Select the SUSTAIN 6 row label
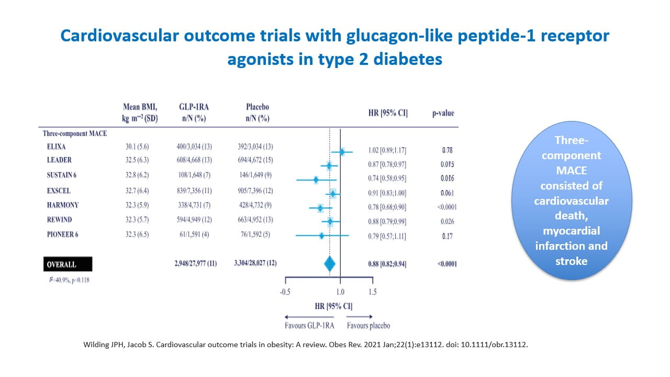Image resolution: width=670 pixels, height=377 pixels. pyautogui.click(x=63, y=175)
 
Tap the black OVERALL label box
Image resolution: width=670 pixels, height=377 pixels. pyautogui.click(x=67, y=264)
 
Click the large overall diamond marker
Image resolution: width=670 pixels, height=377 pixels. pyautogui.click(x=330, y=263)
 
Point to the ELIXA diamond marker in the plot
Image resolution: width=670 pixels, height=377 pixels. pyautogui.click(x=342, y=152)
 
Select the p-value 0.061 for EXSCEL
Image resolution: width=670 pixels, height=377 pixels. pyautogui.click(x=446, y=193)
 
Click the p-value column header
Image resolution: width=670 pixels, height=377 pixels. pyautogui.click(x=443, y=113)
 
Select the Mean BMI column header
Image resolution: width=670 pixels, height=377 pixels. pyautogui.click(x=140, y=113)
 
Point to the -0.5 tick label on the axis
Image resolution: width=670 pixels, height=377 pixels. pyautogui.click(x=285, y=292)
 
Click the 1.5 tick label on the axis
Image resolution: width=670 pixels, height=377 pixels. pyautogui.click(x=372, y=292)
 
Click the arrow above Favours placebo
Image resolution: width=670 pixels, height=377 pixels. pyautogui.click(x=360, y=316)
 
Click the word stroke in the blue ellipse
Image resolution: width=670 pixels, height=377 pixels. pyautogui.click(x=571, y=260)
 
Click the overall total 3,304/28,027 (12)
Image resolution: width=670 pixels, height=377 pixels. pyautogui.click(x=255, y=263)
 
